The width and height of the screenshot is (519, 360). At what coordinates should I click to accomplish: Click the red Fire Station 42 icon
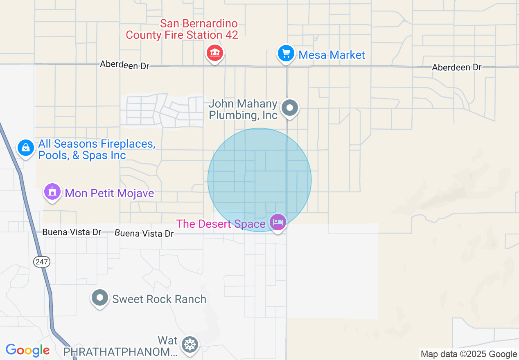[214, 53]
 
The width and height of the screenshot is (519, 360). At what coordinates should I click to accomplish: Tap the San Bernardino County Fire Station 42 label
[182, 29]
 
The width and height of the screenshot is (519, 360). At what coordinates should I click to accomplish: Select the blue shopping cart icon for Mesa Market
[286, 54]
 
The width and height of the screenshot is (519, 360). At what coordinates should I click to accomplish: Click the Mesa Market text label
[332, 55]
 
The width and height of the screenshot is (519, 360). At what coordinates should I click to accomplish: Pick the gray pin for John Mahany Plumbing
[290, 108]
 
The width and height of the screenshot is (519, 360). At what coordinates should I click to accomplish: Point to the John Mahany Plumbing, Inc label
[243, 110]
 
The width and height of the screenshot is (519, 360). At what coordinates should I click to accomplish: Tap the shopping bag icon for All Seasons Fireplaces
[26, 147]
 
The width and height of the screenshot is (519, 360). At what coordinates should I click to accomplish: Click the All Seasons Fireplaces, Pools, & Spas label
[96, 150]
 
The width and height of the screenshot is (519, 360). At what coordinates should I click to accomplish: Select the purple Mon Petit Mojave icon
[52, 192]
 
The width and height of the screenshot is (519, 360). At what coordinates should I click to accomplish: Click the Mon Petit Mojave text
[109, 193]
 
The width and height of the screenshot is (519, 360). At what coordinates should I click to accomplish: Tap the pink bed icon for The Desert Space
[278, 222]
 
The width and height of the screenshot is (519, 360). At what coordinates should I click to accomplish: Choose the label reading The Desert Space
[221, 224]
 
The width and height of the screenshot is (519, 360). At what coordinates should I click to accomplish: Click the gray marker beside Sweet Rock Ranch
[100, 298]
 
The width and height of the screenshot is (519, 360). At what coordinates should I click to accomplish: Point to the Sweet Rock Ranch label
[159, 299]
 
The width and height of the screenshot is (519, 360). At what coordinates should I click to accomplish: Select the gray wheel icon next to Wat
[190, 344]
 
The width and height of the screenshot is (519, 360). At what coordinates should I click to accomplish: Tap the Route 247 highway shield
[42, 262]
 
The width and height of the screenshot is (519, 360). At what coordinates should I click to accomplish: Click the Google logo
[27, 351]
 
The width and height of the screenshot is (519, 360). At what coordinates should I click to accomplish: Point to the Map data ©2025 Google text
[469, 354]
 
